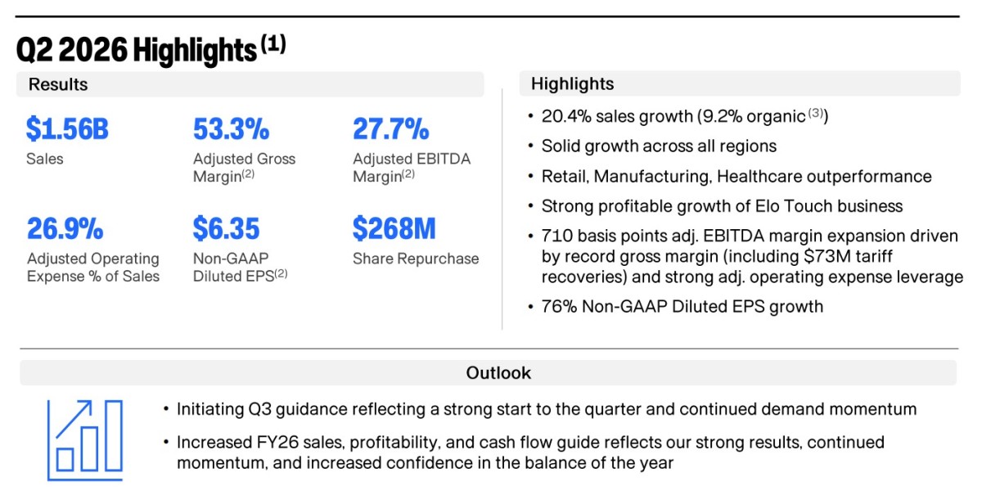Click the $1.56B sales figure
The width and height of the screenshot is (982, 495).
67,129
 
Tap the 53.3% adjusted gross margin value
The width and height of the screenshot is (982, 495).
231,129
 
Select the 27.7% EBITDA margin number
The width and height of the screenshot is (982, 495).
390,129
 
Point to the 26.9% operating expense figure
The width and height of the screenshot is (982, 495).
65,228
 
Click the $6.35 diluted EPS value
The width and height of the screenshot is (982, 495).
226,228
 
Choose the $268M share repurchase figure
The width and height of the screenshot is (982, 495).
394,228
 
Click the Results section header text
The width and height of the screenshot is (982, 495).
58,84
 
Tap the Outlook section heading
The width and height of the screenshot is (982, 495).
498,373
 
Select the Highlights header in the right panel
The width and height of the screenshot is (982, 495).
572,83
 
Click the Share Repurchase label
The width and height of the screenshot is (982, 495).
416,259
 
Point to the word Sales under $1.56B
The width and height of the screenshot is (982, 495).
45,159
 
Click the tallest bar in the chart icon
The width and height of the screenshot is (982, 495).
114,435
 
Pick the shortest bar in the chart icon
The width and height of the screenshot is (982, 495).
65,460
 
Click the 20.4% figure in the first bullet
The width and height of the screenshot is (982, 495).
566,117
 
